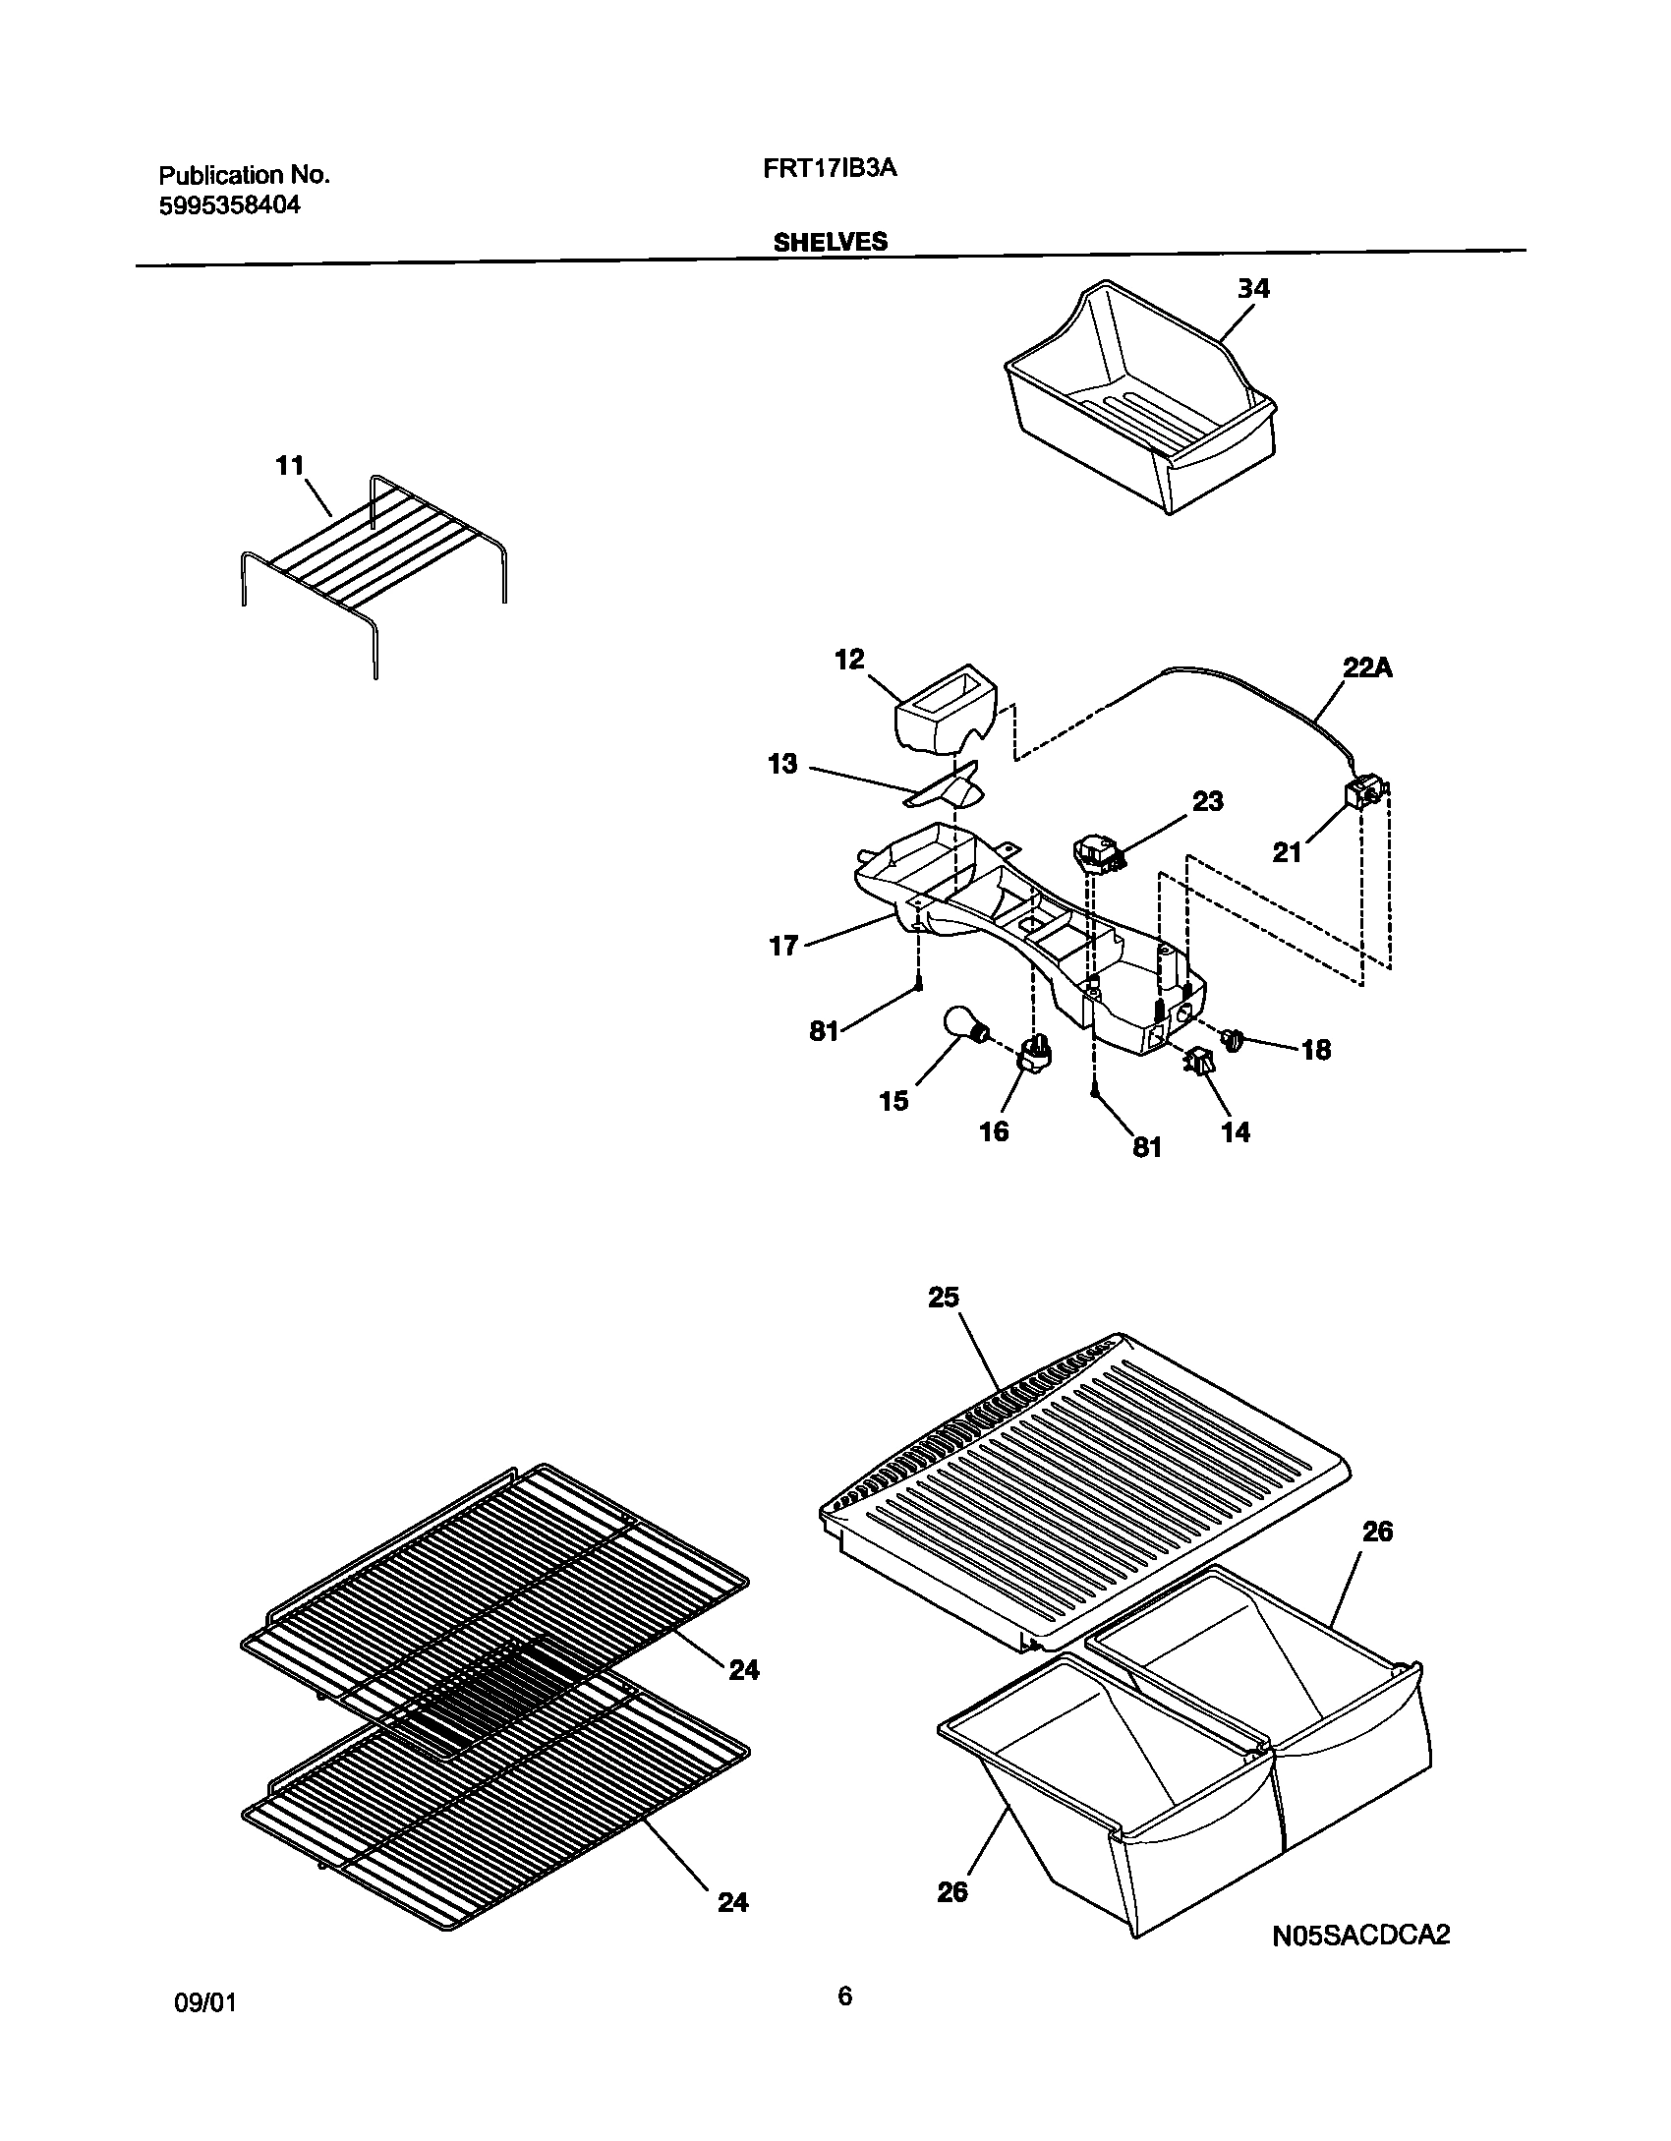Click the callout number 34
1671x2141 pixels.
pyautogui.click(x=1253, y=289)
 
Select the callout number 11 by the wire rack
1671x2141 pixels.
pyautogui.click(x=290, y=465)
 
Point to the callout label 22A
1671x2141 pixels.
pyautogui.click(x=1368, y=668)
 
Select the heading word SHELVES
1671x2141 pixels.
pyautogui.click(x=830, y=242)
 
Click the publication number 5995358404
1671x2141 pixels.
pyautogui.click(x=229, y=205)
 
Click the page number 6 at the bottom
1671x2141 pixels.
pyautogui.click(x=843, y=1996)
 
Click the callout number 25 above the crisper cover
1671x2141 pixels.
pyautogui.click(x=943, y=1298)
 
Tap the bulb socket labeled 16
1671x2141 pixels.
pyautogui.click(x=1036, y=1058)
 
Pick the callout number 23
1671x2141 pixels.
pyautogui.click(x=1207, y=801)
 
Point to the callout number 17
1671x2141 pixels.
pyautogui.click(x=783, y=948)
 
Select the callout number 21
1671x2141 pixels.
pyautogui.click(x=1287, y=852)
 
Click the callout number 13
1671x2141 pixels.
pyautogui.click(x=782, y=764)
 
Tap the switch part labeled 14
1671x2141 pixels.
pyautogui.click(x=1199, y=1063)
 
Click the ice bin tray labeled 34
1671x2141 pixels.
pyautogui.click(x=1140, y=413)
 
